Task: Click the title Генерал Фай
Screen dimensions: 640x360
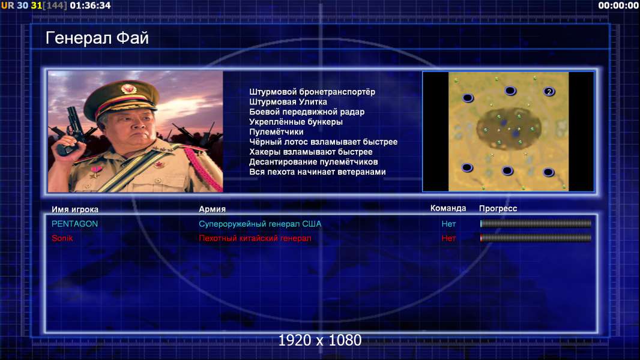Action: [97, 38]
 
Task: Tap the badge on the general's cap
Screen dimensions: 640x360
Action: [128, 88]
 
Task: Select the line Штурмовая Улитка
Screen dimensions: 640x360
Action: [288, 102]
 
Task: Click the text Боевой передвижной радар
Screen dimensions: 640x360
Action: [307, 112]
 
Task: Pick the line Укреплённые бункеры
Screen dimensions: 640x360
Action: [296, 122]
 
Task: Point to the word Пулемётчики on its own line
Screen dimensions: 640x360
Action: [276, 131]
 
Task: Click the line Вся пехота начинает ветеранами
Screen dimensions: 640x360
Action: [318, 172]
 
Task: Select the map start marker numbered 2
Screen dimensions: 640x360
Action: [549, 91]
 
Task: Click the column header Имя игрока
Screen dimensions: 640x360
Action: [75, 209]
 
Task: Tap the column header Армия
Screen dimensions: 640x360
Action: [213, 209]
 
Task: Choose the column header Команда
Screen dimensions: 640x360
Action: [448, 208]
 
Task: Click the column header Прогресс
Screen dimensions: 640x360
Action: [498, 208]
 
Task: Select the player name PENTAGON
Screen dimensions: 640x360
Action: [74, 224]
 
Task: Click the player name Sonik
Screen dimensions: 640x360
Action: [62, 238]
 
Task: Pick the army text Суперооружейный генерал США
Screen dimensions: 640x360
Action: [260, 224]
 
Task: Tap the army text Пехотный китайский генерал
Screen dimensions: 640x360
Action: [255, 238]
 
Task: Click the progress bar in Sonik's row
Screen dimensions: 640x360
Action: [536, 238]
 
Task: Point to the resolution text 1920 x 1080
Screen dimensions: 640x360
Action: [320, 340]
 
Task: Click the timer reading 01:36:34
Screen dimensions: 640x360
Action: [90, 6]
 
